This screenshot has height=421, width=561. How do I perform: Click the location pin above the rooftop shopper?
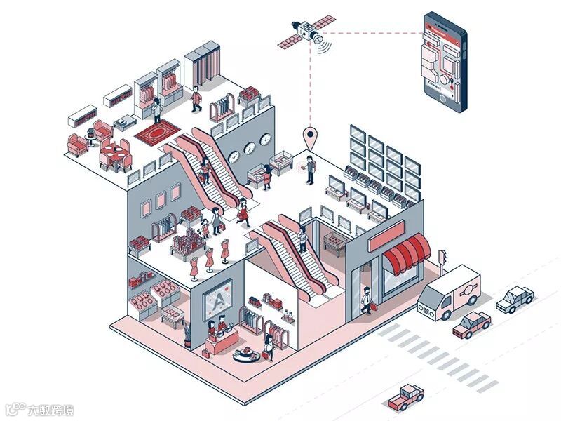(x=309, y=136)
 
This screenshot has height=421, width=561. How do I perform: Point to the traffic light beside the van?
(x=442, y=258)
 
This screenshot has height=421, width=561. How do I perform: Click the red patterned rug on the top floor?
(x=158, y=131)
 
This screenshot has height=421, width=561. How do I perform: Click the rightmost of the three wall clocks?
(x=265, y=140)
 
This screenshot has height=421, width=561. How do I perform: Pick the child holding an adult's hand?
(x=205, y=226)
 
